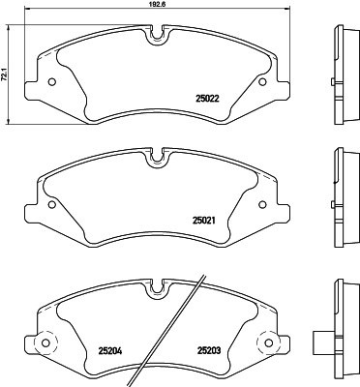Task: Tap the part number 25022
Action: pos(207,96)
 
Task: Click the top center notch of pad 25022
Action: pos(158,36)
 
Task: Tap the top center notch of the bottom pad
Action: pos(158,286)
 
